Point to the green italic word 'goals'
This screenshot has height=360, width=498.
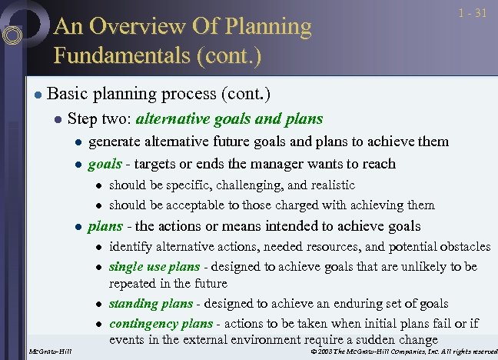[105, 164]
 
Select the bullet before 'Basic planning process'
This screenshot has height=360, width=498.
[37, 95]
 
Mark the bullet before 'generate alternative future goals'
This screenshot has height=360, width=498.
[77, 142]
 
